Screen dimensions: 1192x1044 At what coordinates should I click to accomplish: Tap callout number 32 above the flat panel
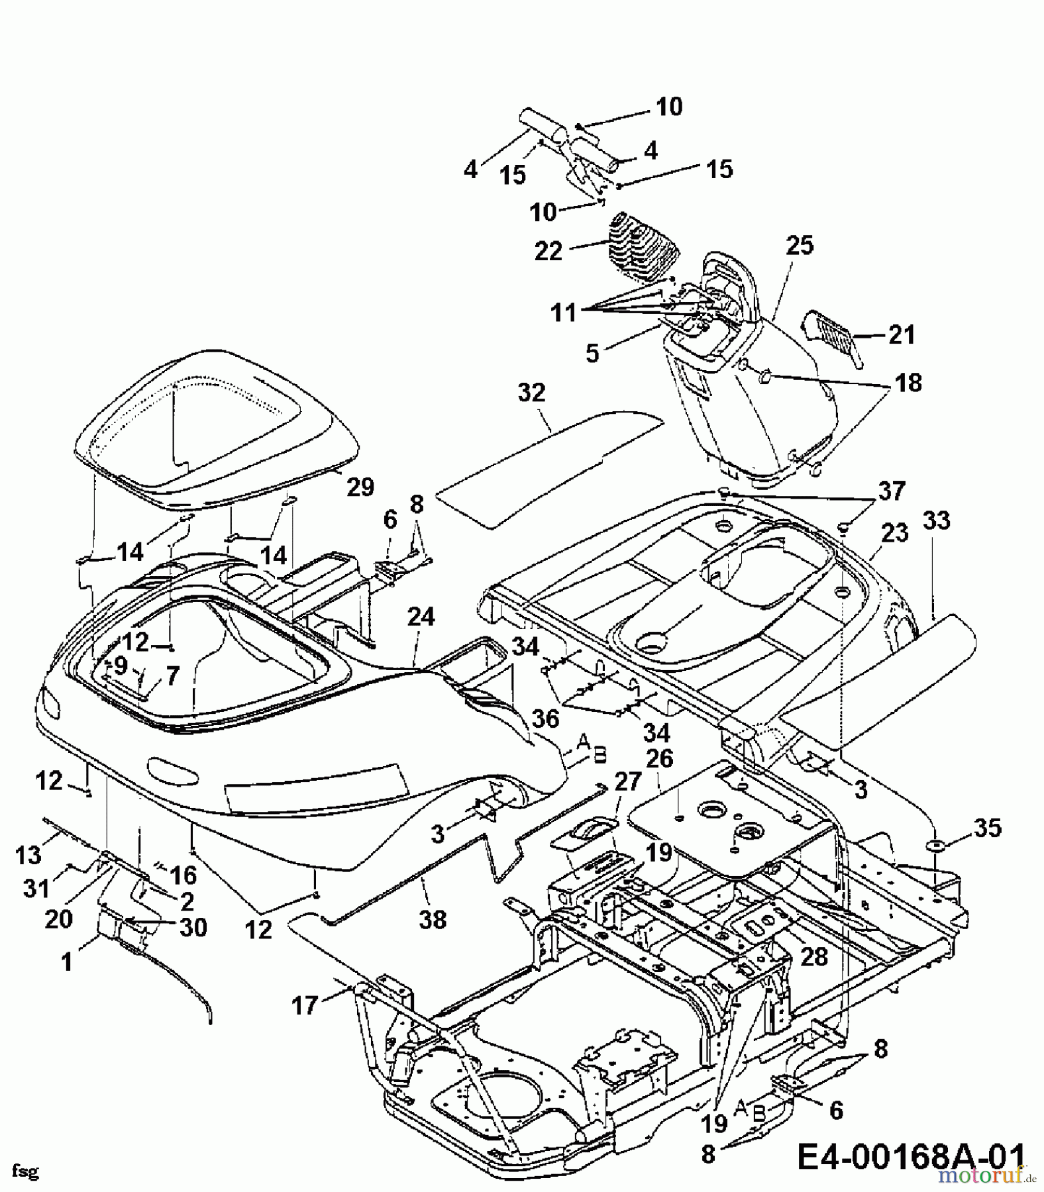point(531,393)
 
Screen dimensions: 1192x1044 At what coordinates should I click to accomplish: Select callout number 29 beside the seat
point(360,487)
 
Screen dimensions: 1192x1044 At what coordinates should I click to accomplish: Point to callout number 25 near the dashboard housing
point(800,246)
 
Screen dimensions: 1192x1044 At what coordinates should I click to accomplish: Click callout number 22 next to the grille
point(548,251)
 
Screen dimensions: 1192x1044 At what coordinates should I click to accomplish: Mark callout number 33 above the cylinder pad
point(936,521)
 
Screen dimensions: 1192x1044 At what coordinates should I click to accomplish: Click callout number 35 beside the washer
point(987,828)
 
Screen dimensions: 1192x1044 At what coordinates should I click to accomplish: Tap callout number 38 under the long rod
point(433,919)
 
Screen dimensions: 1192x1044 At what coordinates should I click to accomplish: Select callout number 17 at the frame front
point(305,1007)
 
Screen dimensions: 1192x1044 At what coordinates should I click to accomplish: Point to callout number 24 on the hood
point(421,618)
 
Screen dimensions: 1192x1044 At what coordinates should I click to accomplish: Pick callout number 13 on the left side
point(28,856)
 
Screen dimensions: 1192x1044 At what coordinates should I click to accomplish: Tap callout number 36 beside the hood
point(544,719)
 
